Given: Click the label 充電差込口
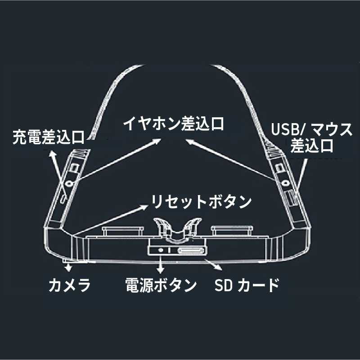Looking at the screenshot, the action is (49, 136).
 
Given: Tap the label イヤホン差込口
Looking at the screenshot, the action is (174, 123).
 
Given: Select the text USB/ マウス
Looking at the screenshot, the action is (311, 130).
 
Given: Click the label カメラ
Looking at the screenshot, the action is (70, 284).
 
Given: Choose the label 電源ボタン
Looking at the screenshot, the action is (161, 284).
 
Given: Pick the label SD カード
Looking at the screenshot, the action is (246, 284).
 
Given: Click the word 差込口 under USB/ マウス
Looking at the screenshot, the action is (311, 146).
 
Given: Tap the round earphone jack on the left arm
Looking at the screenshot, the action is (68, 183).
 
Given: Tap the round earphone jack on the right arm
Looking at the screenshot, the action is (284, 182).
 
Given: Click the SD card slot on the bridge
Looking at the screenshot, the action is (191, 251).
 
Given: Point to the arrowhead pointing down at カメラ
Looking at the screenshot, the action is (68, 268).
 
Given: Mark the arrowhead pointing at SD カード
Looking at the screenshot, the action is (219, 267).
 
